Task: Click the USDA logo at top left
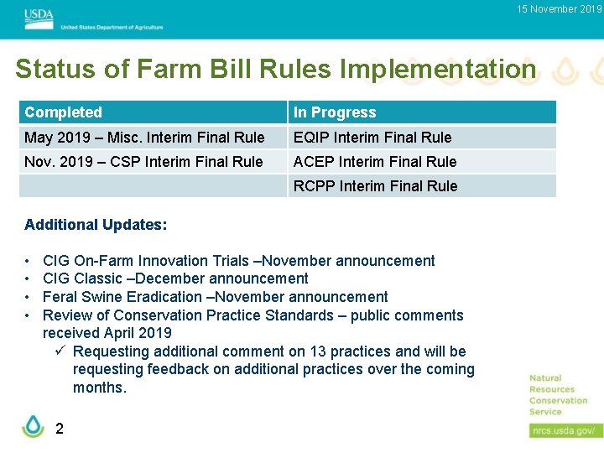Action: pos(38,15)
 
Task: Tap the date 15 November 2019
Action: pos(559,9)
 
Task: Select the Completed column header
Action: pos(64,112)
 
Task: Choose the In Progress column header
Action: pos(335,112)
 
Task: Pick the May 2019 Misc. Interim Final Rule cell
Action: pos(144,138)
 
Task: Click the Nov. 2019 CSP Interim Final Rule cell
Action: pos(143,162)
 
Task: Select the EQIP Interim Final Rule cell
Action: pos(372,138)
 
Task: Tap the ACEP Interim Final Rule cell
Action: pos(375,162)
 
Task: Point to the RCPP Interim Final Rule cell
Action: pos(376,186)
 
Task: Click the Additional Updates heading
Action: pos(96,225)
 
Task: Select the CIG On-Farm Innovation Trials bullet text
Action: pos(238,261)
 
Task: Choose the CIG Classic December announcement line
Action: pos(175,279)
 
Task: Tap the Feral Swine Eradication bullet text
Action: pos(215,297)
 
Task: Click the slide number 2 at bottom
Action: pos(59,429)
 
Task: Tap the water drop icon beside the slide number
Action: pos(33,426)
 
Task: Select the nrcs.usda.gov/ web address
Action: pos(565,430)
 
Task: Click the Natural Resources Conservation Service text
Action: pos(558,395)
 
